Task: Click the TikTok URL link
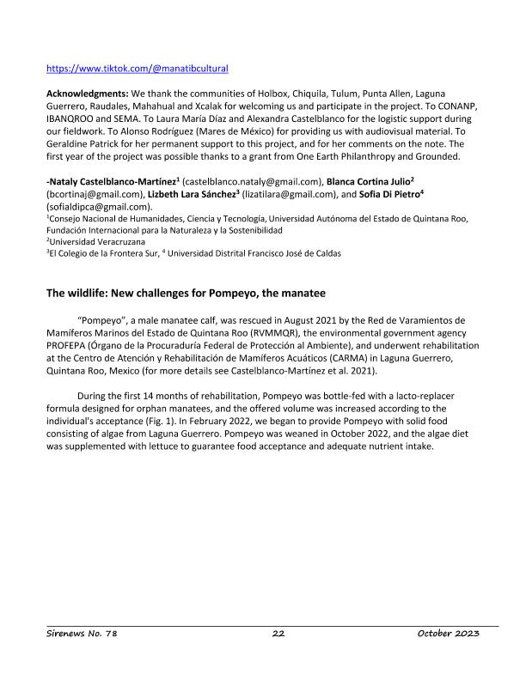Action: (x=137, y=67)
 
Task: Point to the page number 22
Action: (x=278, y=633)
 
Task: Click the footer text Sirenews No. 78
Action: (x=81, y=633)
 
